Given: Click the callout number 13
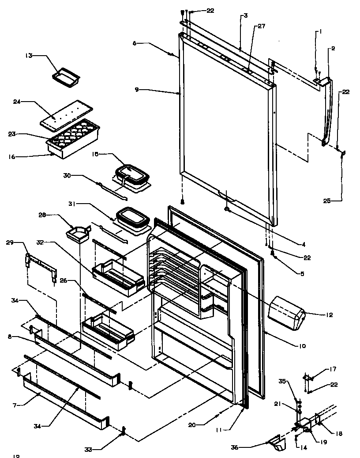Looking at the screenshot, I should (x=29, y=56).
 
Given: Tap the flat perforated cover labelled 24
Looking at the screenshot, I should (x=66, y=113).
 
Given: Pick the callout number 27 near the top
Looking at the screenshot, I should (x=262, y=26).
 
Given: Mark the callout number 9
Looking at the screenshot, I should (x=136, y=90).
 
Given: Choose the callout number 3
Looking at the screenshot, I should (x=245, y=15).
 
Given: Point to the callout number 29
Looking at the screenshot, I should (x=10, y=242).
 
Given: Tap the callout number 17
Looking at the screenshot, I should (x=333, y=370).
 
